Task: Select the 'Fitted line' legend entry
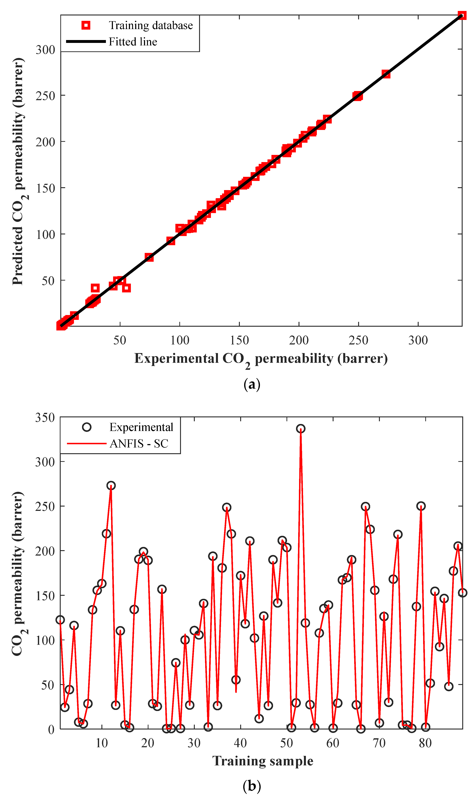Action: (133, 42)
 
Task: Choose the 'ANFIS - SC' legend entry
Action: (139, 444)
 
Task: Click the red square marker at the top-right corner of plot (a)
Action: (462, 15)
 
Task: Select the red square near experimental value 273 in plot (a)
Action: (386, 74)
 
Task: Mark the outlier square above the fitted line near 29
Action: (95, 288)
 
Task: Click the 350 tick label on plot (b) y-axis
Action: (45, 418)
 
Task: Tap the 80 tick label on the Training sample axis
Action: (425, 743)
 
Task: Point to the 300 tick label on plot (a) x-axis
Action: (418, 340)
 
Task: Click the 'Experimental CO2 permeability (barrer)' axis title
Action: (261, 359)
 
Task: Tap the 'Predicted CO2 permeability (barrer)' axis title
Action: (18, 171)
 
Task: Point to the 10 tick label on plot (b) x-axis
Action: (102, 743)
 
